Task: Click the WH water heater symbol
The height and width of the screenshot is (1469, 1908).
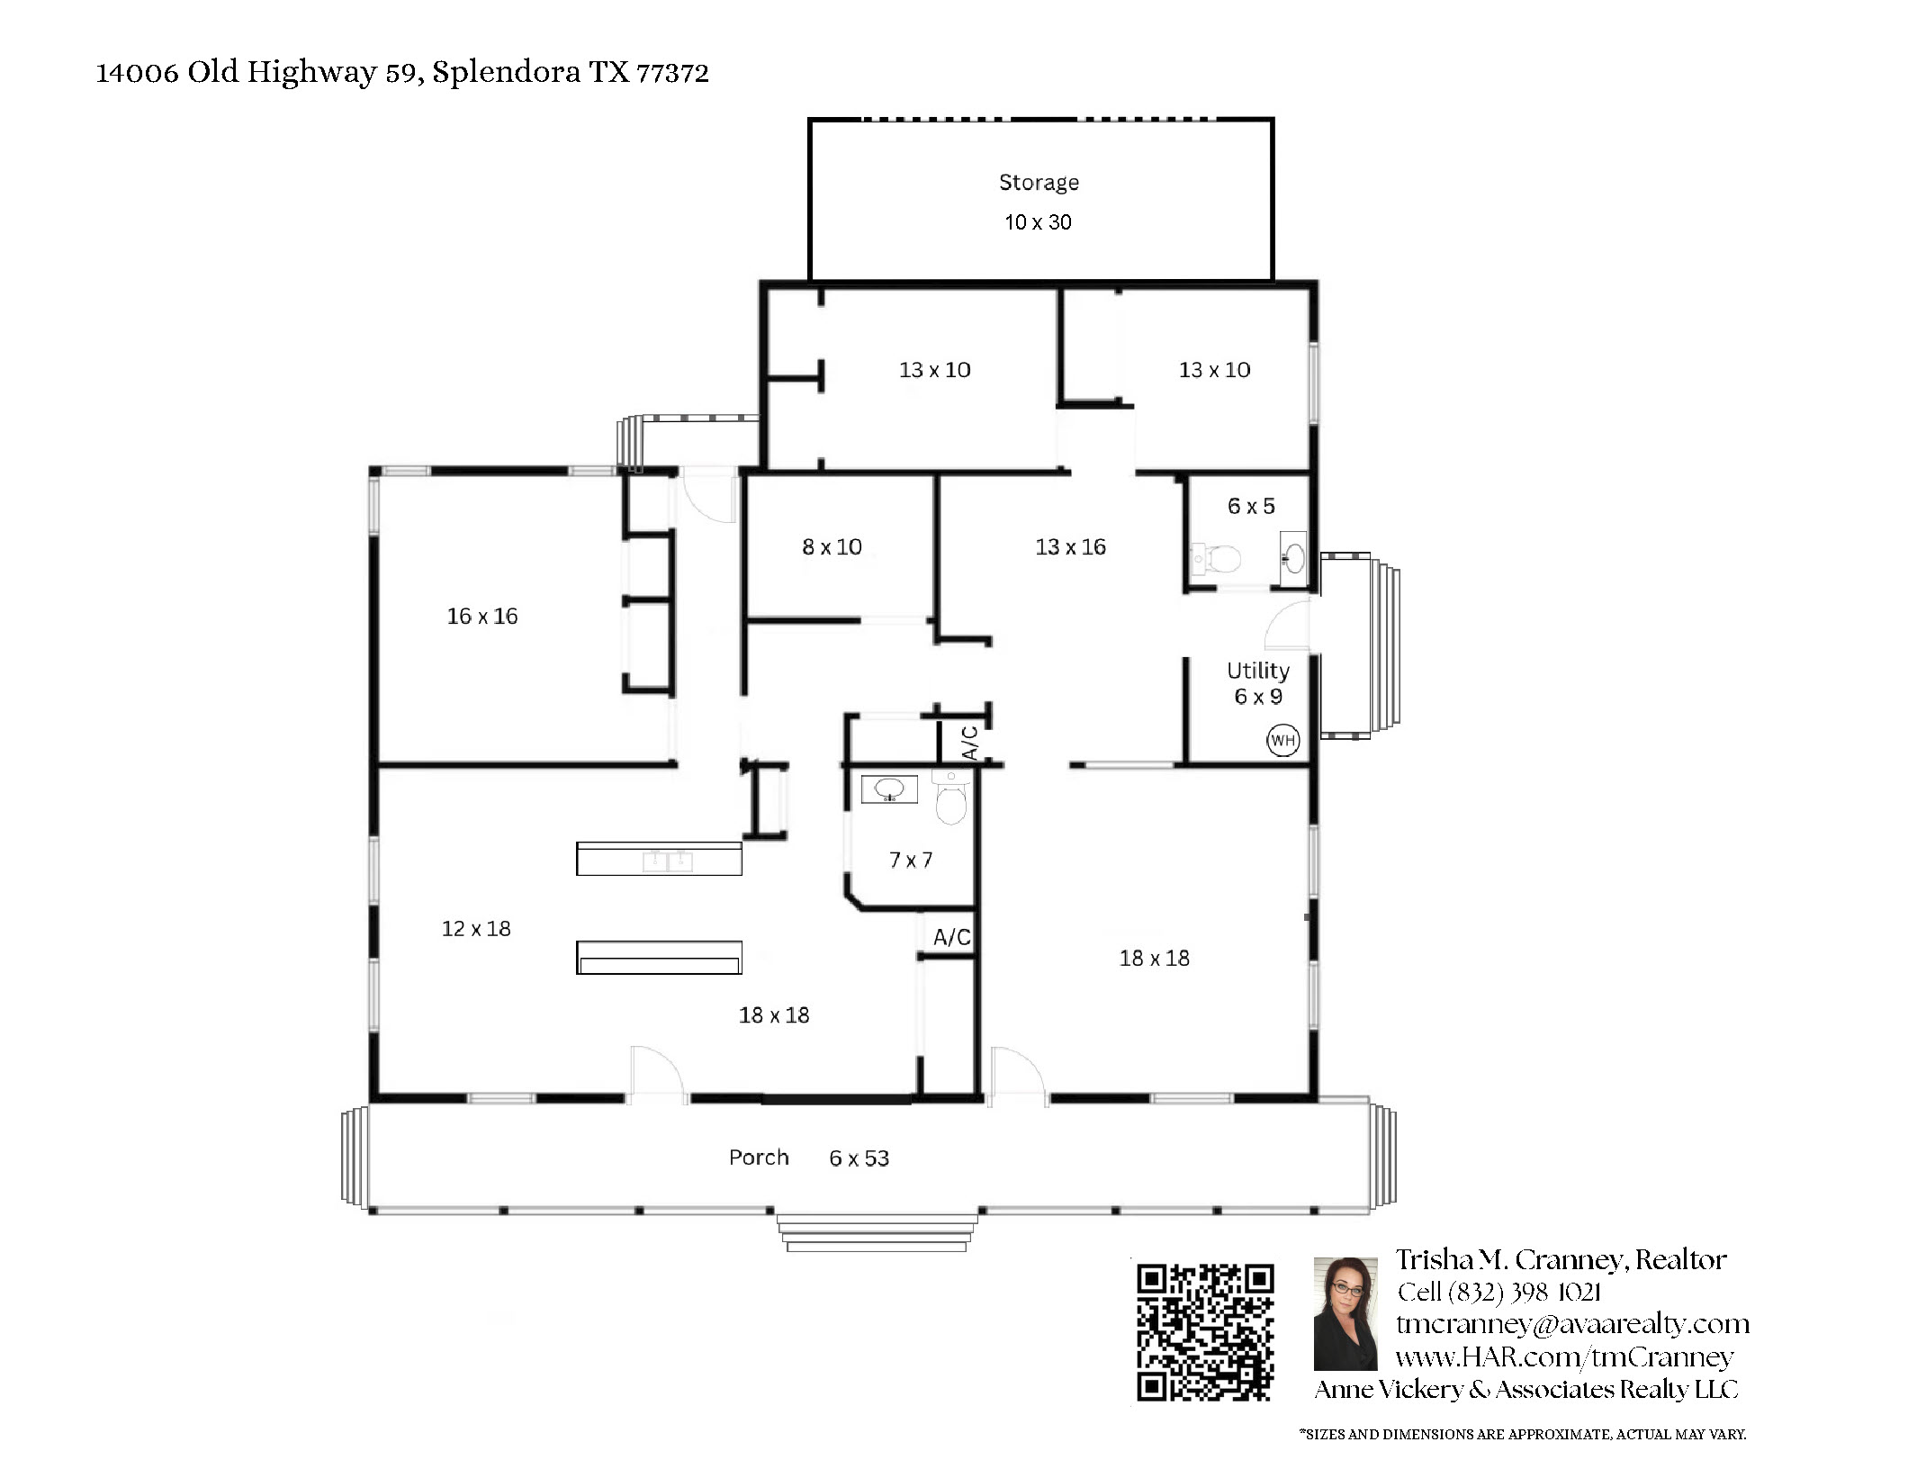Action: point(1282,741)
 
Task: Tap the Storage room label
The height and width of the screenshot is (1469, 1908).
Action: point(1039,183)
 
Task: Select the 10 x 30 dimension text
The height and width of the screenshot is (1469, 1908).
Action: point(1038,222)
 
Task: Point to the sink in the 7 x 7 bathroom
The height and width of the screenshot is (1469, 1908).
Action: point(889,789)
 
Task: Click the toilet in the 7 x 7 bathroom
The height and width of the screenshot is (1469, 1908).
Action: point(950,797)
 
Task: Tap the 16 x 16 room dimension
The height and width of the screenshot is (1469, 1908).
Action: point(482,617)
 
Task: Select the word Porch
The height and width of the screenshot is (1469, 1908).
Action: point(759,1158)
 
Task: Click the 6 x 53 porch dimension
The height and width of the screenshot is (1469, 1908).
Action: point(859,1158)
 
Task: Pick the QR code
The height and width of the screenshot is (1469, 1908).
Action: point(1205,1333)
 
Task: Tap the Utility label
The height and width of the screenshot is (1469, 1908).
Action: point(1258,671)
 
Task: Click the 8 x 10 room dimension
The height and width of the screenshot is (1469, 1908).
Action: point(832,547)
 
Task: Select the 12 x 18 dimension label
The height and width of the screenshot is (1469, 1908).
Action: point(476,929)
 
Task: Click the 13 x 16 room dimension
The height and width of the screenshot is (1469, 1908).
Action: point(1070,547)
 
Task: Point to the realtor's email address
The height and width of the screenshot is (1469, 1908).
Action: point(1572,1324)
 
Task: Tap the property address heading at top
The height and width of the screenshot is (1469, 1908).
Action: point(402,72)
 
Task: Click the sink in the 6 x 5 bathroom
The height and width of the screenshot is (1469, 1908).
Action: point(1293,559)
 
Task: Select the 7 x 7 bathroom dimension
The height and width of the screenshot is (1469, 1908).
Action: point(911,861)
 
